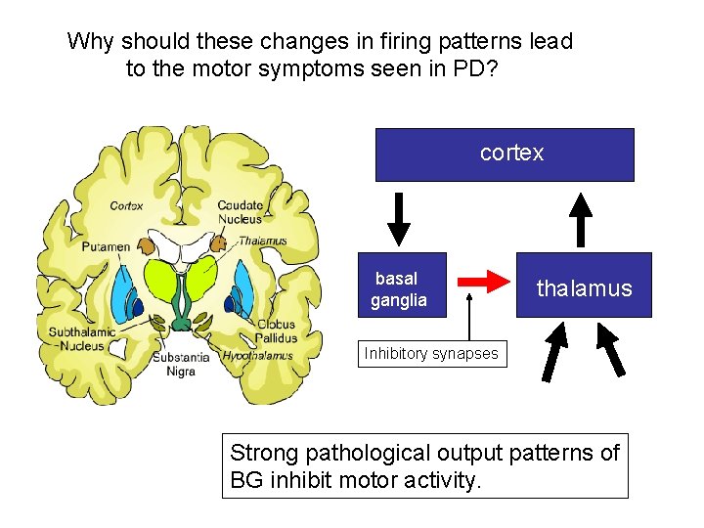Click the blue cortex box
[x=505, y=154]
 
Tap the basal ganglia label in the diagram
[x=399, y=289]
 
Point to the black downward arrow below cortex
[x=399, y=218]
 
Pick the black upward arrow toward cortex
[x=582, y=218]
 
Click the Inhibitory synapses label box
[x=430, y=353]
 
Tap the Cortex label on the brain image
[x=126, y=205]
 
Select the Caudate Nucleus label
[x=241, y=211]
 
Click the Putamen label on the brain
[x=106, y=246]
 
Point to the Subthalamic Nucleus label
[x=82, y=339]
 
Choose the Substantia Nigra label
[x=180, y=364]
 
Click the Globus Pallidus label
[x=276, y=331]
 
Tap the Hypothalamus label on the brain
[x=257, y=356]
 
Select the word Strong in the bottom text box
[x=266, y=453]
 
